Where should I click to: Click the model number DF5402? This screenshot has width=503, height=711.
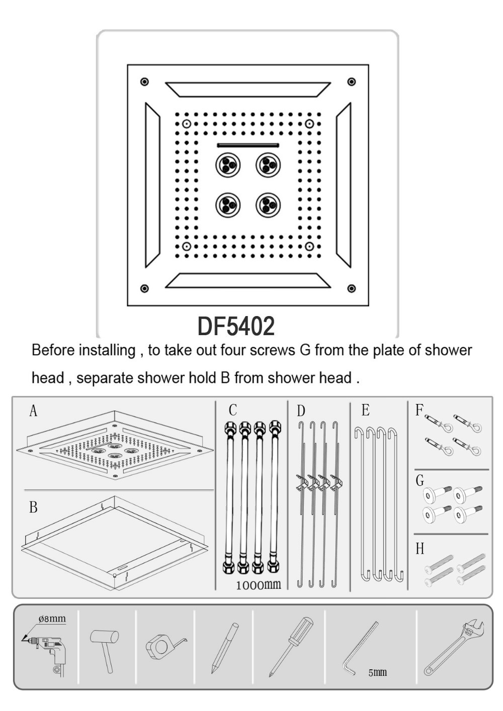click(236, 326)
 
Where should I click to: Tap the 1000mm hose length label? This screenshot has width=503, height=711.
click(258, 584)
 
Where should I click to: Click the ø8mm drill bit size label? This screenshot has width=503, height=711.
click(52, 618)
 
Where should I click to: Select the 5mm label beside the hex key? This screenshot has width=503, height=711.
click(377, 672)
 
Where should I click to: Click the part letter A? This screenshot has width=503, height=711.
click(33, 411)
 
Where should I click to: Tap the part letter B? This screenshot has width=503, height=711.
click(33, 507)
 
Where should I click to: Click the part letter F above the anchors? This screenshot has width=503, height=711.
click(419, 410)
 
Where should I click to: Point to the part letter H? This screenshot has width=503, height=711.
click(420, 548)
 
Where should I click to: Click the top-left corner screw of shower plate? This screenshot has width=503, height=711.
click(145, 82)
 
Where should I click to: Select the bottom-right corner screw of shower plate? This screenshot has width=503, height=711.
click(352, 288)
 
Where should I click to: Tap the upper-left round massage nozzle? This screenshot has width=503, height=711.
click(228, 165)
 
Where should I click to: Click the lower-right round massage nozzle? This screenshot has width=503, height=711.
click(268, 205)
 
